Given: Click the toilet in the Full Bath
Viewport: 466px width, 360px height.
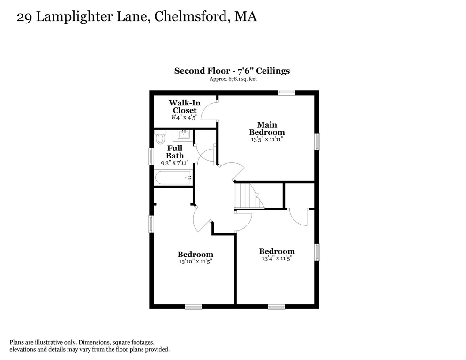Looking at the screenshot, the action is tap(160, 137).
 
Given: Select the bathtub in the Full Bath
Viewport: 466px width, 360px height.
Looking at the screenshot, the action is tap(173, 178).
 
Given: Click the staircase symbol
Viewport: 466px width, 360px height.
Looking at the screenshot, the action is tap(249, 196).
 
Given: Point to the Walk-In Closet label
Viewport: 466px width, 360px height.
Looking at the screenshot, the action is tap(185, 106).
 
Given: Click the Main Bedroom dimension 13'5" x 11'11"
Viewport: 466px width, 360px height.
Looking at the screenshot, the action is tap(267, 139).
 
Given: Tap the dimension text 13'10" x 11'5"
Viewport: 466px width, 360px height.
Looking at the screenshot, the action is tap(195, 262).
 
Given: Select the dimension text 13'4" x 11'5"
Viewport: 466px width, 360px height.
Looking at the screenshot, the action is tap(277, 258).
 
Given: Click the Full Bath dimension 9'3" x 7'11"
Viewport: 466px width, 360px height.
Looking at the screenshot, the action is tap(175, 163).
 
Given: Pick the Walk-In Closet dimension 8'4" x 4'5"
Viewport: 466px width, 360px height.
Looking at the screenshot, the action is tap(185, 117).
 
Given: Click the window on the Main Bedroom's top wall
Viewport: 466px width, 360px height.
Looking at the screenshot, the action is tap(286, 92).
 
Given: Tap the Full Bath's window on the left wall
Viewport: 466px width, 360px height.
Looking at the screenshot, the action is tap(151, 156).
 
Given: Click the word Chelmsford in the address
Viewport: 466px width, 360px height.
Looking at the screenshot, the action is tap(190, 17).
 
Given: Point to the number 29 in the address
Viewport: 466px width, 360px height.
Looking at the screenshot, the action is tap(24, 17).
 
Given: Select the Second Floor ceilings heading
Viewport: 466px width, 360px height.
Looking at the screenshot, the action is tap(232, 71).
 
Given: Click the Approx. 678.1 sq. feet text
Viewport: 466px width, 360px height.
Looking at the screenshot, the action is tap(233, 79).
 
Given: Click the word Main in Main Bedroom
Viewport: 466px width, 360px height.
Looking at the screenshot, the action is tap(267, 125).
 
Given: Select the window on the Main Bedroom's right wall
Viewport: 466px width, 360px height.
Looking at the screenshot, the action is tap(317, 142).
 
